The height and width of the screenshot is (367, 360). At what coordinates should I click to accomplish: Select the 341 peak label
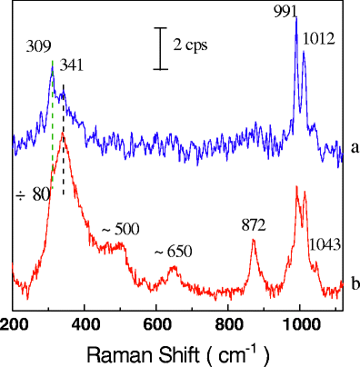[x=72, y=65]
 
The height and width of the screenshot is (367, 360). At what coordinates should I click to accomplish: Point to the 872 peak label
[x=255, y=224]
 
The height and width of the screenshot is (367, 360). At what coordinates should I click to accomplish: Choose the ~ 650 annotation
[x=173, y=252]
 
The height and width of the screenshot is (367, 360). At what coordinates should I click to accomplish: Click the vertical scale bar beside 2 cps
[x=160, y=48]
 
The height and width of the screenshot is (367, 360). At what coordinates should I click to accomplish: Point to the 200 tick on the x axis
[x=14, y=322]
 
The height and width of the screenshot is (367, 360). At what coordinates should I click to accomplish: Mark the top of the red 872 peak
[x=254, y=239]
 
